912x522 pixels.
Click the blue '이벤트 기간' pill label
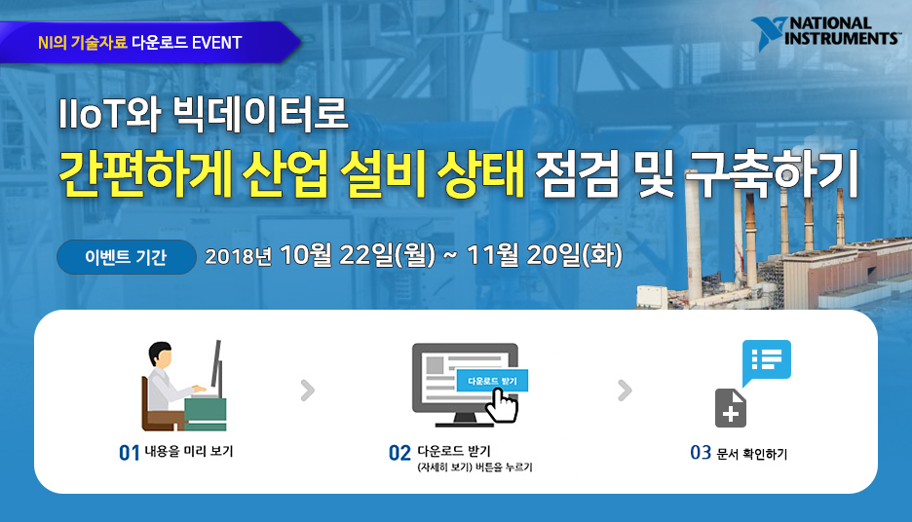click(127, 257)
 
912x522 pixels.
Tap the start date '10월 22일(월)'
click(357, 256)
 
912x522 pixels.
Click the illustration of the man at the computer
click(182, 387)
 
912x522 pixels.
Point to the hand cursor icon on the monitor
click(502, 404)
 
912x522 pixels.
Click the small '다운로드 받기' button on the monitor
click(492, 380)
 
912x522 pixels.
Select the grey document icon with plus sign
click(731, 408)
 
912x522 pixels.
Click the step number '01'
click(130, 453)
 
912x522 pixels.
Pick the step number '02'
click(399, 453)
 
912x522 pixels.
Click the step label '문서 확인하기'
click(751, 453)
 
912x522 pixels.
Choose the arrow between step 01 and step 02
click(308, 391)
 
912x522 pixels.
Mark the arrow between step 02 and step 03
click(625, 391)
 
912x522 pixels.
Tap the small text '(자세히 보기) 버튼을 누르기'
click(474, 468)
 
